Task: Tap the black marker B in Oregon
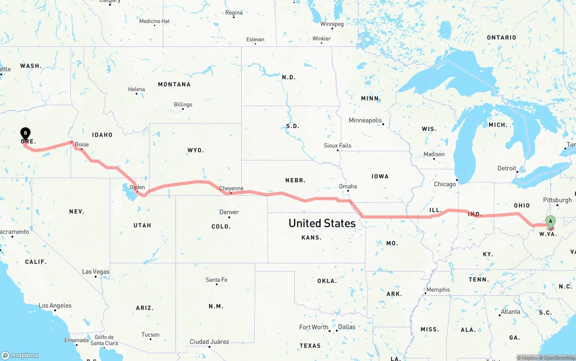pos(26,134)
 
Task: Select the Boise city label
pos(82,145)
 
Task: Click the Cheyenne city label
pos(231,188)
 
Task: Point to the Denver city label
pos(229,212)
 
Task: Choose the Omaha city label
pos(348,186)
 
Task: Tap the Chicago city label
pos(445,184)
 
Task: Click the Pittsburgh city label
pos(557,200)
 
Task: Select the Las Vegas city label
pos(95,272)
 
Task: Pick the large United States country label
pos(322,223)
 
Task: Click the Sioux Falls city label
pos(337,146)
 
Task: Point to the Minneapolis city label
pos(365,120)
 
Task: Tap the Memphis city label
pos(438,290)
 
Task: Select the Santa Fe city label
pos(216,280)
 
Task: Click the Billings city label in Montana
pos(183,104)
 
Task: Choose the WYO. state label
pos(195,150)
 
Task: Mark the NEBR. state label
pos(295,180)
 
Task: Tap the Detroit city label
pos(507,168)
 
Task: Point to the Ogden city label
pos(137,187)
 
